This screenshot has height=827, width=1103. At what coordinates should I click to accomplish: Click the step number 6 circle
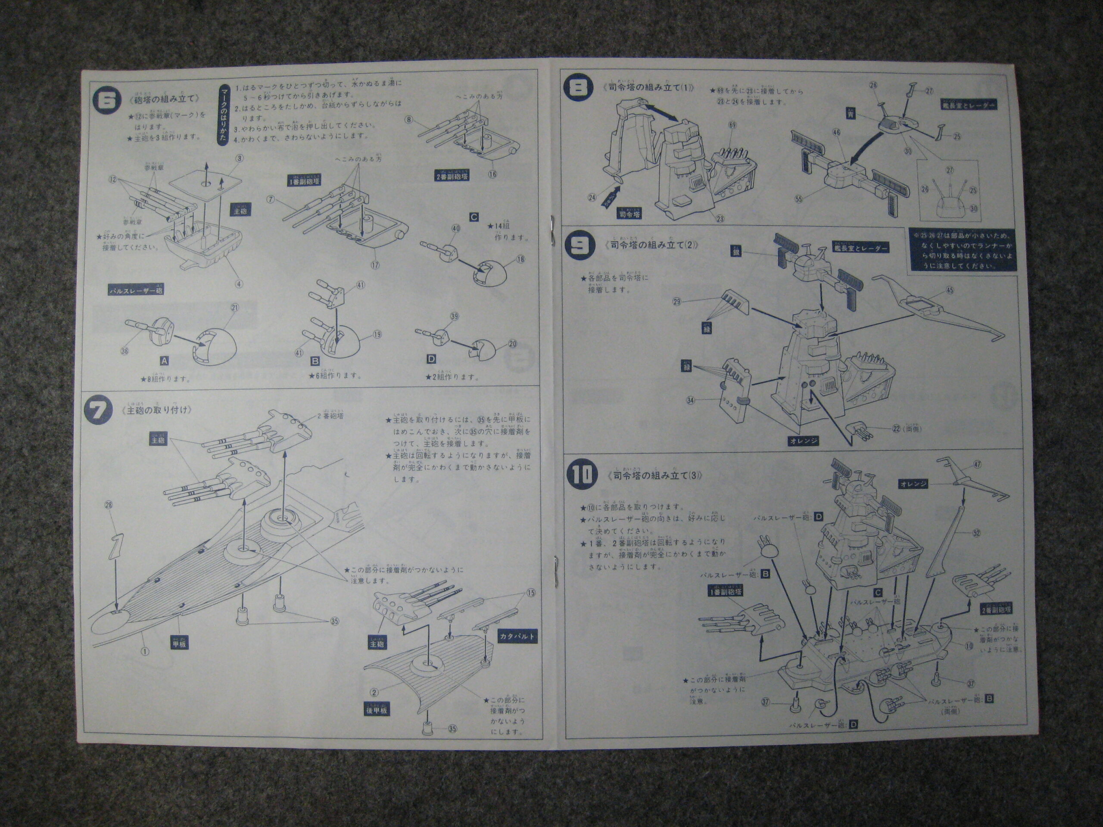click(107, 101)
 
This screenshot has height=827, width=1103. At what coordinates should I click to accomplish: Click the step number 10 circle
click(581, 475)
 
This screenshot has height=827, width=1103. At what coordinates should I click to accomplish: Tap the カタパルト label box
click(517, 637)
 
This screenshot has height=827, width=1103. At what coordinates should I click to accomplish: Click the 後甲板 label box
click(377, 710)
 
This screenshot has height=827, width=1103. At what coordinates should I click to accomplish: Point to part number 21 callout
click(235, 308)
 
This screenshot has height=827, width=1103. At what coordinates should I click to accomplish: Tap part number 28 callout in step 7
click(109, 505)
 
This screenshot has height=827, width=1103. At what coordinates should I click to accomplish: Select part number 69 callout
click(732, 125)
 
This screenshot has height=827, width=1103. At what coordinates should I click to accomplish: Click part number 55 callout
click(798, 199)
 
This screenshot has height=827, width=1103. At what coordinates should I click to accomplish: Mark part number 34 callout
click(691, 400)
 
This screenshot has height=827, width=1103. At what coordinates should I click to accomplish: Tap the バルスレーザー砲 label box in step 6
click(136, 290)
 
